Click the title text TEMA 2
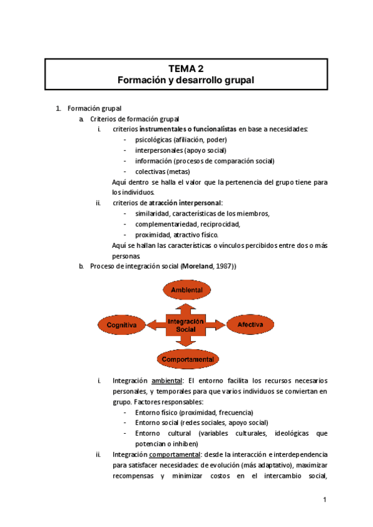186,69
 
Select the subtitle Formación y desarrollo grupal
186,80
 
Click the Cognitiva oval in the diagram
121,324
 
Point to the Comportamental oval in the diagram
187,359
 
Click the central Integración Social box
186,324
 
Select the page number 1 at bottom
325,500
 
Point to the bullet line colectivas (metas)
163,172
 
